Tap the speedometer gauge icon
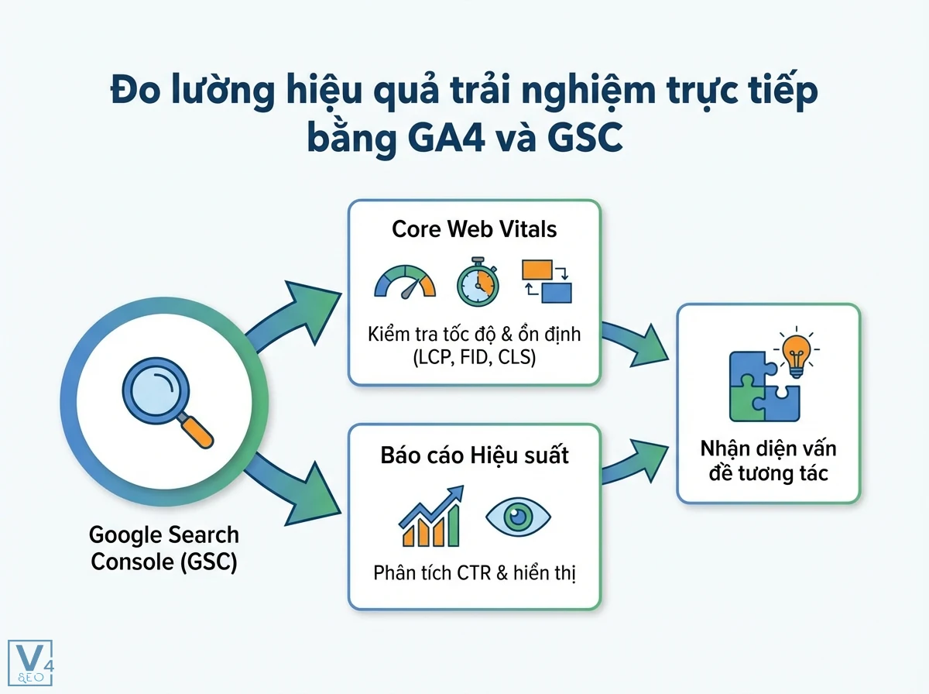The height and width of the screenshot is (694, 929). tap(405, 283)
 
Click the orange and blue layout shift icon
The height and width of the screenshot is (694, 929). tap(547, 280)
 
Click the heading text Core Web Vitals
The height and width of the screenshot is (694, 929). tap(474, 230)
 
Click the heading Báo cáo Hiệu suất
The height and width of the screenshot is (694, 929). tap(474, 455)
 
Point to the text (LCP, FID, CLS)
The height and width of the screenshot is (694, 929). tap(474, 358)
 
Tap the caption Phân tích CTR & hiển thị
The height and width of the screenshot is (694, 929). tap(474, 573)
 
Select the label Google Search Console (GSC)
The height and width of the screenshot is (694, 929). tap(164, 548)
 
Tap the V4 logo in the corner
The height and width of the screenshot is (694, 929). tap(29, 662)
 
